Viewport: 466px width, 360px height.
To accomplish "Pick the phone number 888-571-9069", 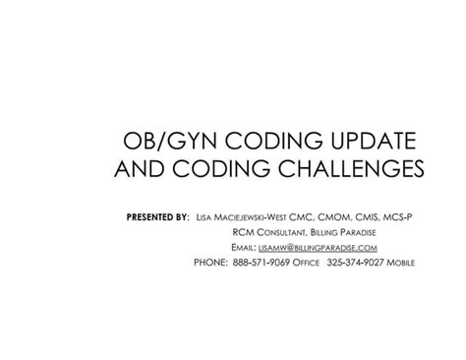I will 261,264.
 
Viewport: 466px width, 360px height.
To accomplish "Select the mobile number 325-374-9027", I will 360,264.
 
